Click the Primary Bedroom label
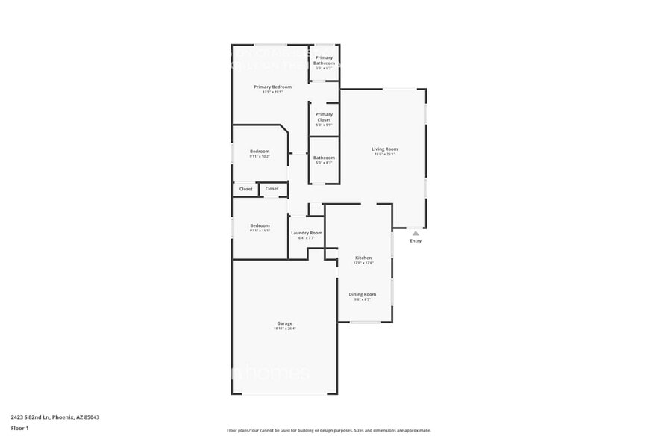(272, 87)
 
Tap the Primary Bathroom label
(324, 60)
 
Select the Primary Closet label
(324, 117)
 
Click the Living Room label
(385, 149)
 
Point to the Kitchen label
(363, 258)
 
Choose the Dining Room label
(363, 294)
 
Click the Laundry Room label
(307, 233)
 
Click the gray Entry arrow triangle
(416, 233)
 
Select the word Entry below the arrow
(416, 240)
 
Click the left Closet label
(245, 189)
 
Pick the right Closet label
(272, 189)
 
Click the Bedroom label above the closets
(260, 152)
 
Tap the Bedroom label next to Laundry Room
(260, 225)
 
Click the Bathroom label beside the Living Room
(324, 158)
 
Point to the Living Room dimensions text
(385, 155)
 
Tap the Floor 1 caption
(19, 428)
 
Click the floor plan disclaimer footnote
(328, 430)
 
